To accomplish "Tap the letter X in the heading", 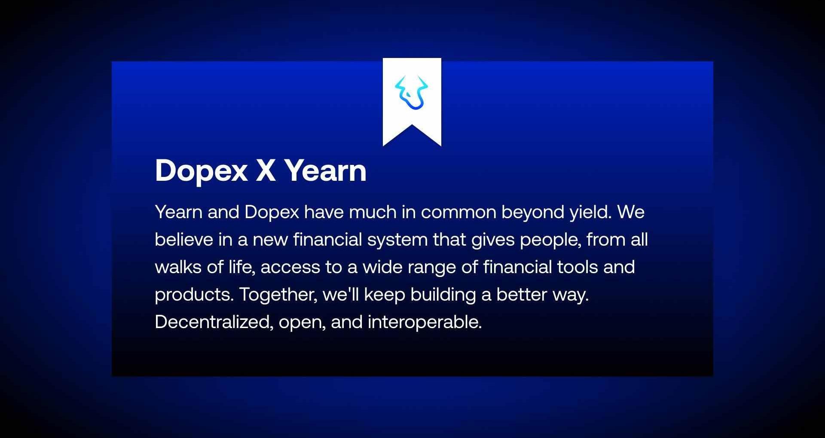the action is click(266, 170).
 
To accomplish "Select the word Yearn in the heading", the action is click(325, 170).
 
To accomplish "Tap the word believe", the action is click(184, 240).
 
